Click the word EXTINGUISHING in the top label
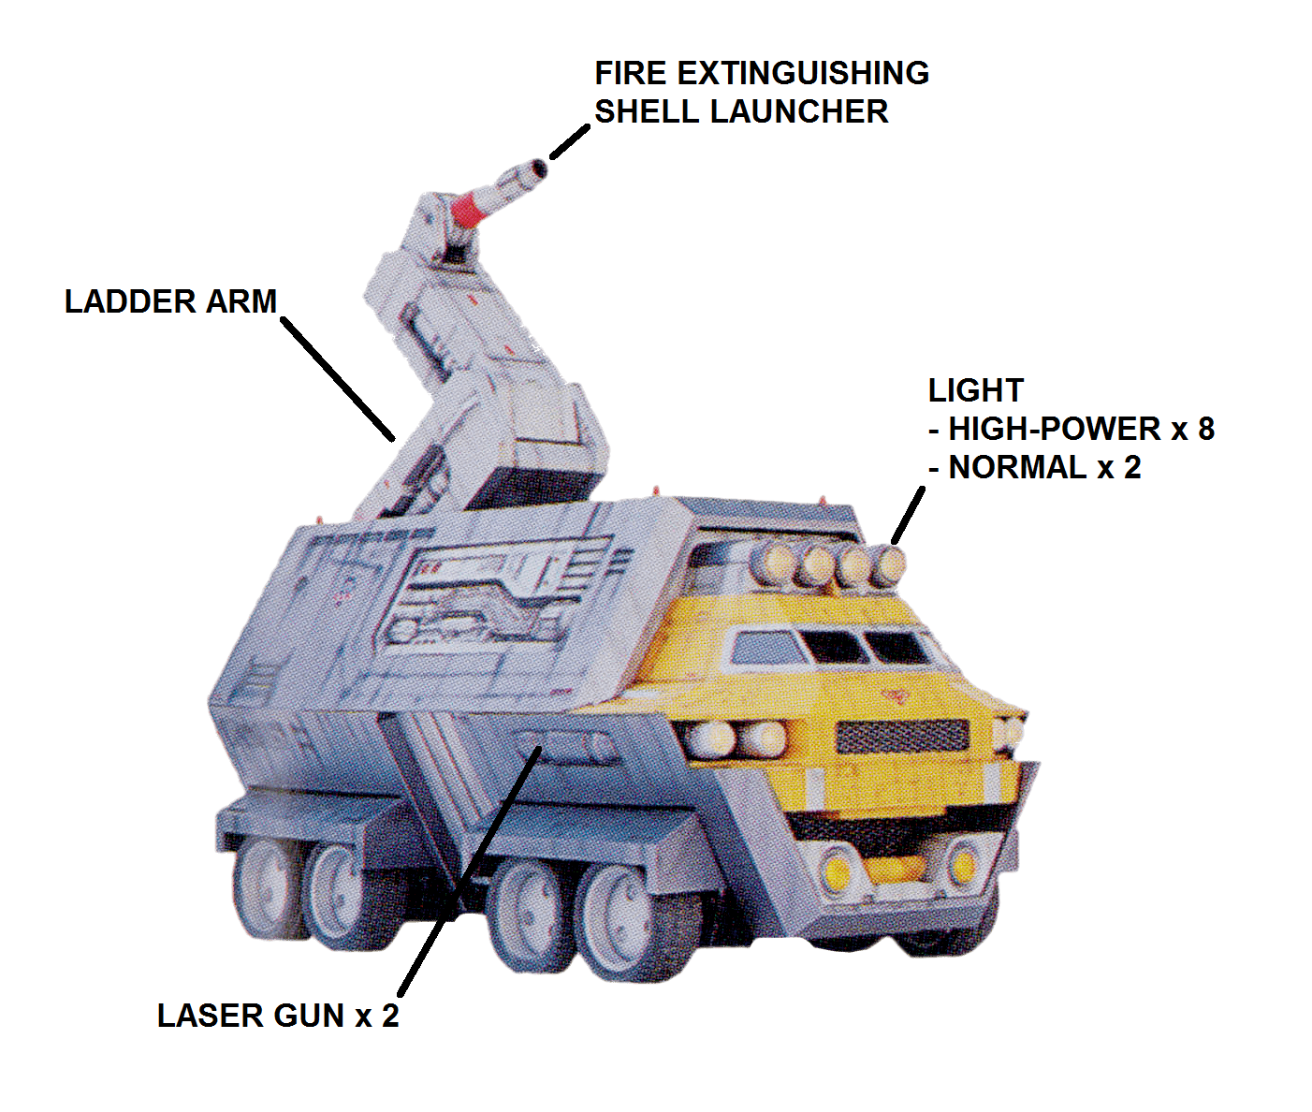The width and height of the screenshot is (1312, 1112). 803,73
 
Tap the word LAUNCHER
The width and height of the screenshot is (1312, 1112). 798,111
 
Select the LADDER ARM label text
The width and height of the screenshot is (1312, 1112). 170,301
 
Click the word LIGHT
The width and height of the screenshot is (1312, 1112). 976,390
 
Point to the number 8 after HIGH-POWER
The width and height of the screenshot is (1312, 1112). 1206,430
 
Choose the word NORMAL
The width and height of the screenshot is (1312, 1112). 1017,468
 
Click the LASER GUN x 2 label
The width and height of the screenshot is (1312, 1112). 278,1016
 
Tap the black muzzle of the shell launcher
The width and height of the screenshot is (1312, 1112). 540,168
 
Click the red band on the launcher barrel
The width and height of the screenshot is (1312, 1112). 470,208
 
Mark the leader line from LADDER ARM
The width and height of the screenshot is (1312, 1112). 338,379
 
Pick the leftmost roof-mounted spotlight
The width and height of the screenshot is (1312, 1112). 770,564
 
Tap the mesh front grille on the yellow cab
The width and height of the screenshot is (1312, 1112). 903,736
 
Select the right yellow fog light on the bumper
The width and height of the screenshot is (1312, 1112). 963,864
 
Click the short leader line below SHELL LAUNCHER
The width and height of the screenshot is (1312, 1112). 570,141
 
